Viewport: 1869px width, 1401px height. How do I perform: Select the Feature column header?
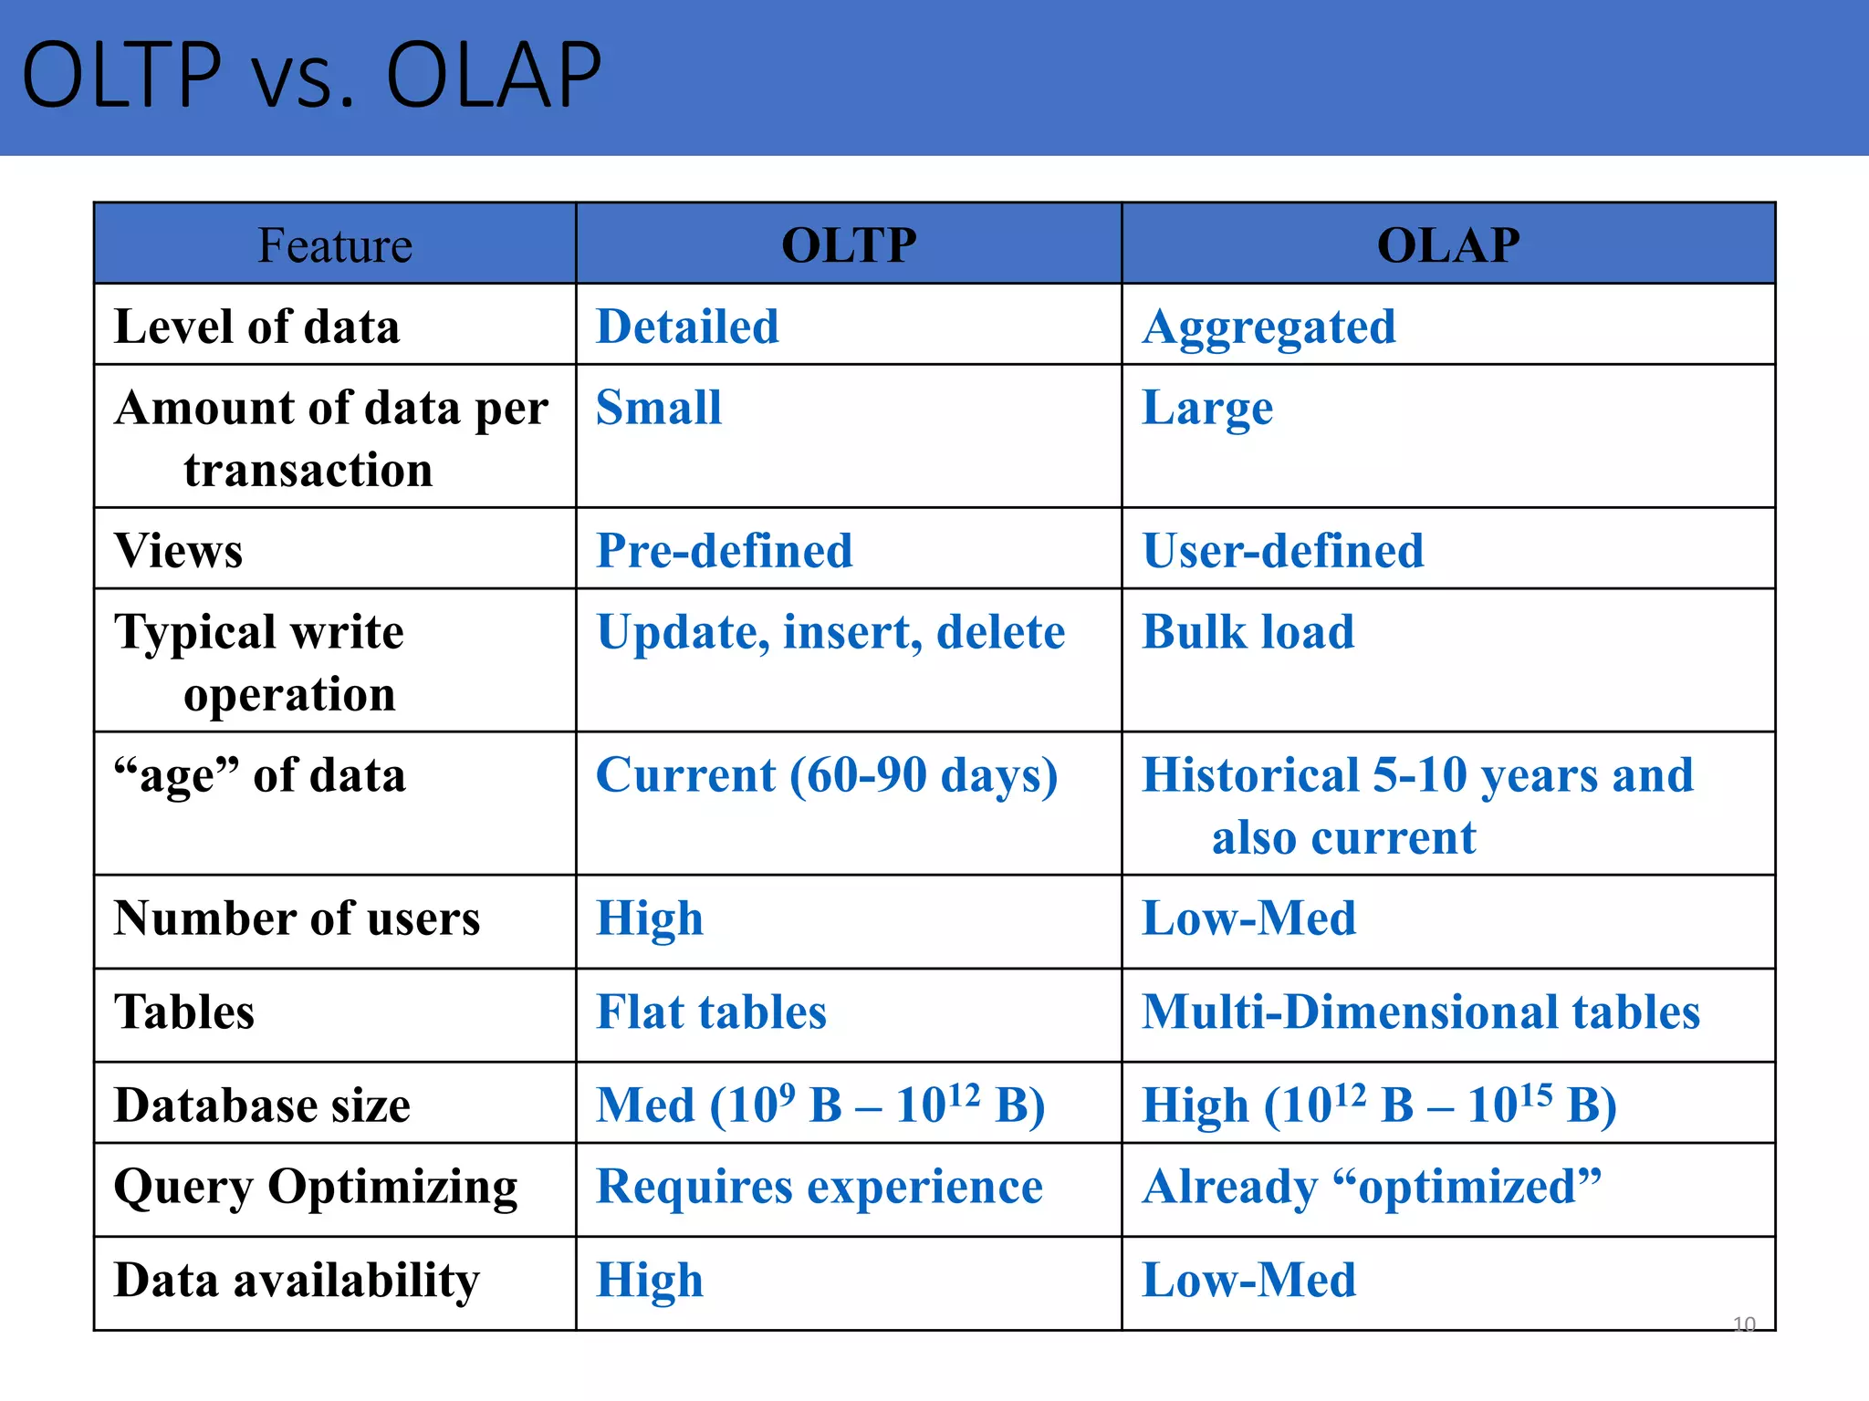[x=335, y=244]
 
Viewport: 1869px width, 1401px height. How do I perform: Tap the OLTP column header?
[x=849, y=244]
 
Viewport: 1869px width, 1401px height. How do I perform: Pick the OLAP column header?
[x=1448, y=244]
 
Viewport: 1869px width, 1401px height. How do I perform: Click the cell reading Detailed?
[x=687, y=327]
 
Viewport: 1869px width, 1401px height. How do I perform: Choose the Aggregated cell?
[x=1269, y=327]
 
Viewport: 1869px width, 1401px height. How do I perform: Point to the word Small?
[x=658, y=408]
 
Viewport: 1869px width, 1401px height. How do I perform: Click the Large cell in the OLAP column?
[x=1207, y=408]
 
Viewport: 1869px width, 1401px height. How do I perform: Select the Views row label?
[x=179, y=551]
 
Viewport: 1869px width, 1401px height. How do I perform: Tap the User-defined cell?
[x=1282, y=551]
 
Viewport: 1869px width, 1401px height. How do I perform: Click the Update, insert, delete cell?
[x=830, y=632]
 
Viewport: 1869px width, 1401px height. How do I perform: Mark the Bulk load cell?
[x=1248, y=632]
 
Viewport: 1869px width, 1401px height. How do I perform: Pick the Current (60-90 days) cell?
[x=826, y=775]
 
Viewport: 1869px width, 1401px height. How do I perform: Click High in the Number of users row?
[x=650, y=918]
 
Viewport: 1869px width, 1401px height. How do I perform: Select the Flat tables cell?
[x=711, y=1012]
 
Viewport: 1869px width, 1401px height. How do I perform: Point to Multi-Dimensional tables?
[x=1420, y=1012]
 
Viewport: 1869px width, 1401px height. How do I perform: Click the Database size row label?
[x=262, y=1105]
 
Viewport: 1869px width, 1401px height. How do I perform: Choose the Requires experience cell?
[x=819, y=1187]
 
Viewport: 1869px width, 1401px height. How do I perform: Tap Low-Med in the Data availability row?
[x=1248, y=1280]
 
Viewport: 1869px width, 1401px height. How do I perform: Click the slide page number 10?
[x=1743, y=1323]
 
